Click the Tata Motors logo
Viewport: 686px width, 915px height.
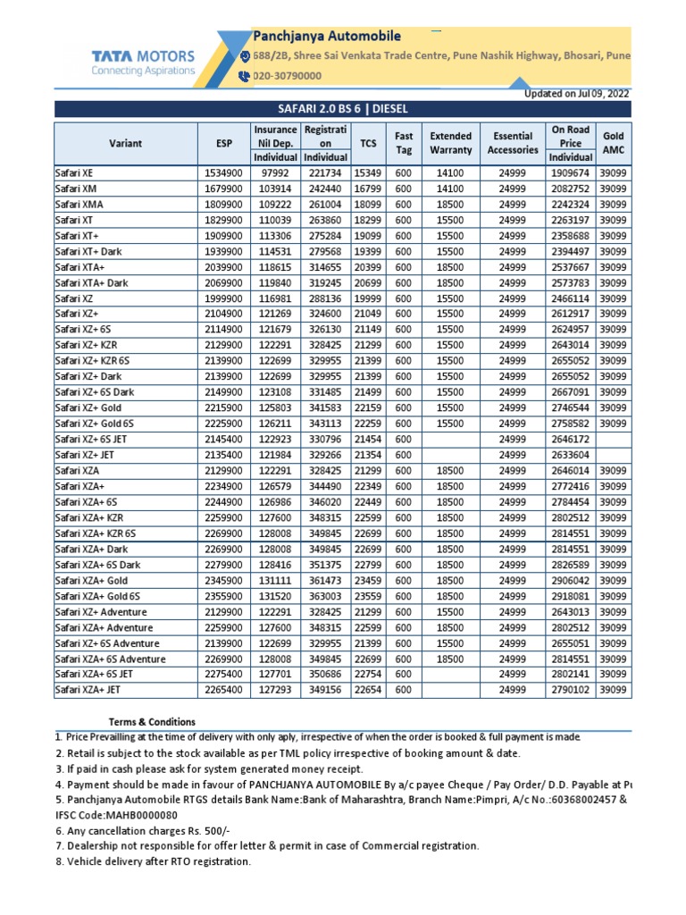pyautogui.click(x=143, y=62)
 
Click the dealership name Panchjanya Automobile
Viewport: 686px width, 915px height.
pyautogui.click(x=328, y=37)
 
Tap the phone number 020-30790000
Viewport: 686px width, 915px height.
pyautogui.click(x=288, y=77)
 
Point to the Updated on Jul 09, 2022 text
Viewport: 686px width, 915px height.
pyautogui.click(x=576, y=93)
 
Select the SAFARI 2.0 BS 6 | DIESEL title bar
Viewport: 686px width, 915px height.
pyautogui.click(x=342, y=109)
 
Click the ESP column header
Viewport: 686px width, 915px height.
pyautogui.click(x=223, y=143)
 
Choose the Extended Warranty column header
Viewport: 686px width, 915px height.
pyautogui.click(x=450, y=143)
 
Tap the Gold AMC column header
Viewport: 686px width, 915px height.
pyautogui.click(x=613, y=143)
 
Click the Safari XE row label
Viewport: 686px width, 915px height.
pyautogui.click(x=75, y=172)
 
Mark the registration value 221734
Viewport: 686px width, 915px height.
pyautogui.click(x=325, y=172)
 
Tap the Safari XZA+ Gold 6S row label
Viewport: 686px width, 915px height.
pyautogui.click(x=97, y=596)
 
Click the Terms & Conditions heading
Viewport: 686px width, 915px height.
pyautogui.click(x=152, y=722)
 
